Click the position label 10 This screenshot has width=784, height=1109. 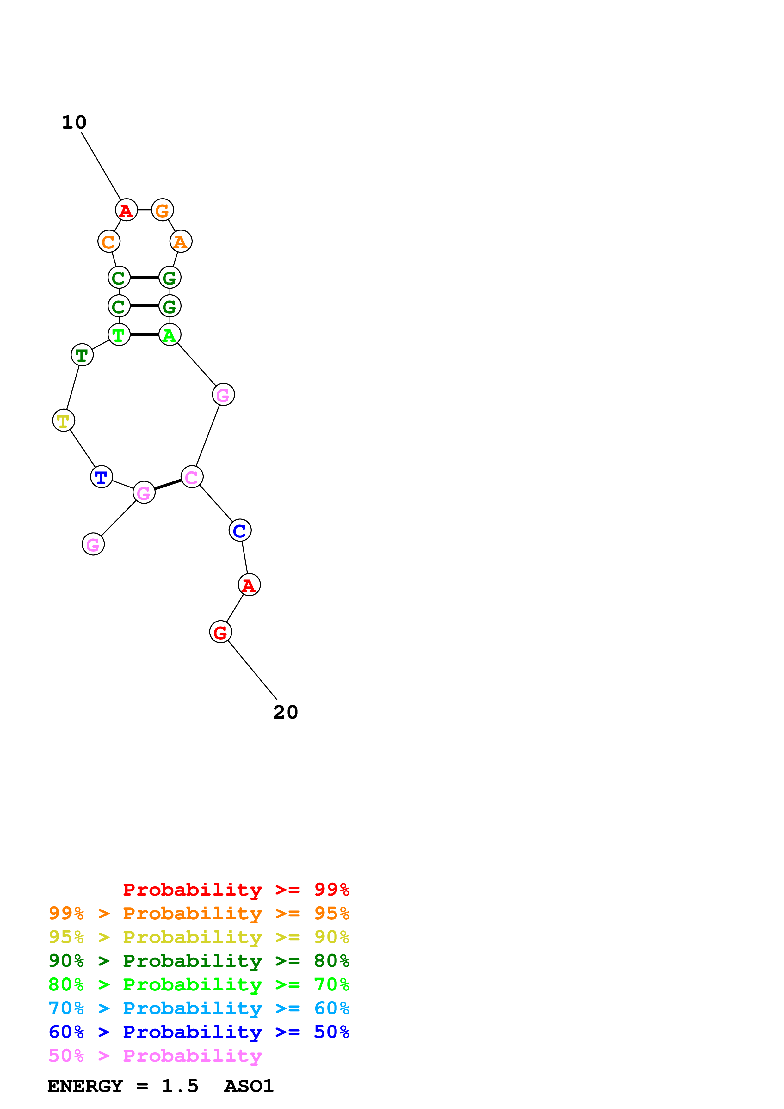click(x=74, y=122)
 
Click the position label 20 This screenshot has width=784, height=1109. click(x=286, y=712)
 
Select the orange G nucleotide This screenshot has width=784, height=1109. click(x=162, y=210)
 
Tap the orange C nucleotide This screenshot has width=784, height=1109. click(x=109, y=242)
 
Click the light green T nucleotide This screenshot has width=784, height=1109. click(x=119, y=335)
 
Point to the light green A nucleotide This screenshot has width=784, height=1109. click(x=170, y=335)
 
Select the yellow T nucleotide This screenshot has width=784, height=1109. click(x=63, y=421)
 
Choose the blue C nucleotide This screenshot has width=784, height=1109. click(x=240, y=531)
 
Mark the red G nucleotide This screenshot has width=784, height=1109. click(x=220, y=632)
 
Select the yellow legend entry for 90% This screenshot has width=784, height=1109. click(x=199, y=937)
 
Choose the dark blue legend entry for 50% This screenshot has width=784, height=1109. click(x=199, y=1032)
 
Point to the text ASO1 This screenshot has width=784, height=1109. click(x=249, y=1086)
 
